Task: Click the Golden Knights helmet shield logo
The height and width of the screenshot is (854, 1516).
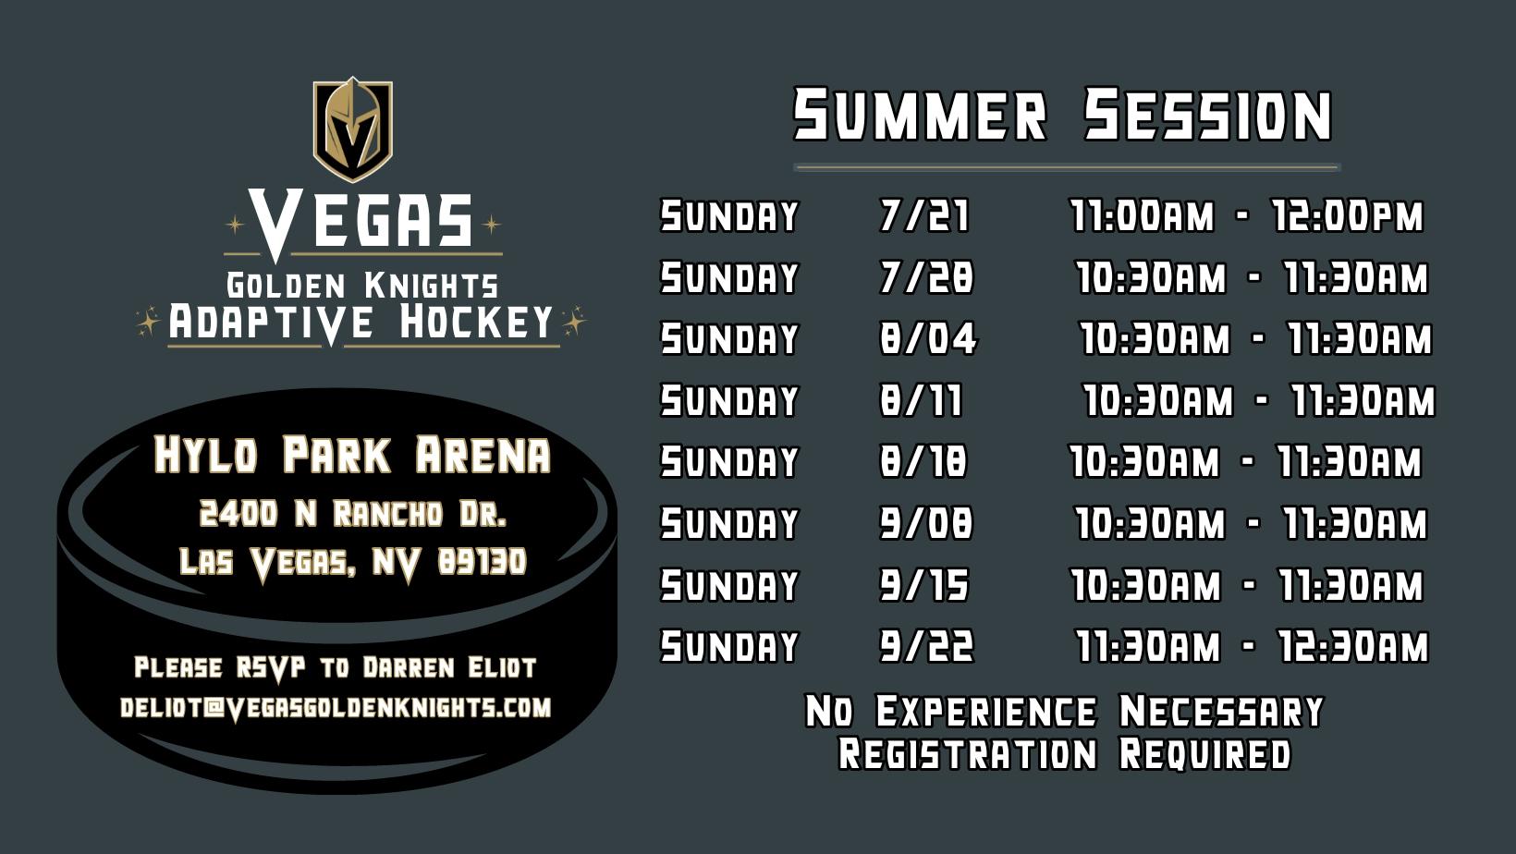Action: (352, 129)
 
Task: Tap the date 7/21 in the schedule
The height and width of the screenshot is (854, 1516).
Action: (924, 216)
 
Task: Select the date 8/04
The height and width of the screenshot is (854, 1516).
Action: (928, 338)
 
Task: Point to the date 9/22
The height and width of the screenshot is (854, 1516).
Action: (926, 645)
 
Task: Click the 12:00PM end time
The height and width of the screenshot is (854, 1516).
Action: (1348, 216)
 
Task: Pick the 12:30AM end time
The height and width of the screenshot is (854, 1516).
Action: (1353, 645)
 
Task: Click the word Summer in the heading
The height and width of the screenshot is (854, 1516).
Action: (921, 115)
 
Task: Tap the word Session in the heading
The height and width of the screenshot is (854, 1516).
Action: (1209, 115)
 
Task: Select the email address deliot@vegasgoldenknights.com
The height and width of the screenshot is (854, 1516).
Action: (336, 709)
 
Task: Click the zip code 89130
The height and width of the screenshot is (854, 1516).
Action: (482, 562)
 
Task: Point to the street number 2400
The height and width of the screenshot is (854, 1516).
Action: (238, 514)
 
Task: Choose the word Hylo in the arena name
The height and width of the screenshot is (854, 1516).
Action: (206, 454)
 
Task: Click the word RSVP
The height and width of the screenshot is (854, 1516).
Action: (271, 668)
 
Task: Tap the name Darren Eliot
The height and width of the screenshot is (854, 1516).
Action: (449, 668)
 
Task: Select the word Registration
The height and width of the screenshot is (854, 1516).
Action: (968, 754)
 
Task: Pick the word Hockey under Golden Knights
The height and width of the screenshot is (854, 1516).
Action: (476, 323)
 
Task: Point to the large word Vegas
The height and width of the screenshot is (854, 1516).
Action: (361, 221)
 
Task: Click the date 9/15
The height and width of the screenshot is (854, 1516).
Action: (924, 585)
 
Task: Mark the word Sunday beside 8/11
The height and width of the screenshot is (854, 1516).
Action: (729, 400)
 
